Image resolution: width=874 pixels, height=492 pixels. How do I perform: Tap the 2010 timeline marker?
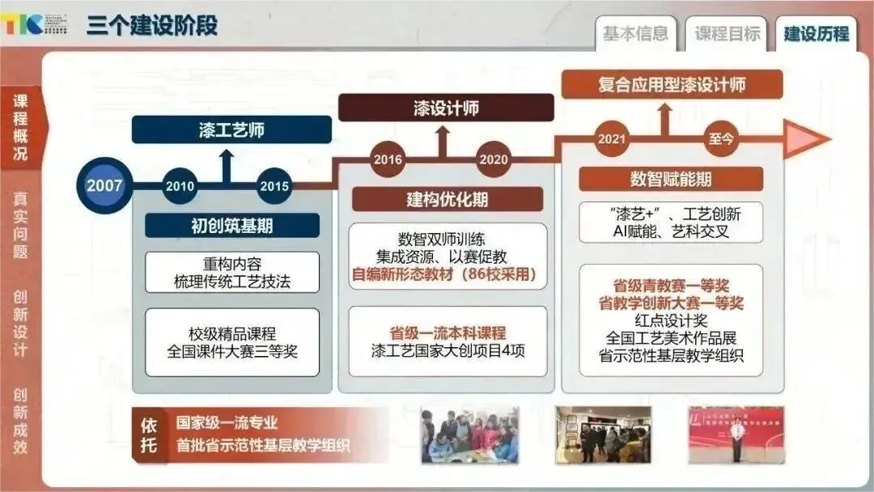(x=180, y=186)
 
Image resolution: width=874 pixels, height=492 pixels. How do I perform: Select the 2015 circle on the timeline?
(x=274, y=186)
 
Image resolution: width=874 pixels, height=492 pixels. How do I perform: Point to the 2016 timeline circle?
(x=388, y=159)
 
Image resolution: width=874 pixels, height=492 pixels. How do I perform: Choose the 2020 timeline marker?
(x=493, y=159)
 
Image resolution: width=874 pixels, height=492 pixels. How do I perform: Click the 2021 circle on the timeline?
(x=612, y=138)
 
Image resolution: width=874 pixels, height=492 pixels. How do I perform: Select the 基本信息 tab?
(x=635, y=34)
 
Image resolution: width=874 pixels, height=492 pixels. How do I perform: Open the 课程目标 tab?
(x=728, y=34)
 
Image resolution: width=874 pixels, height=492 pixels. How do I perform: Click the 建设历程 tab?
(x=817, y=34)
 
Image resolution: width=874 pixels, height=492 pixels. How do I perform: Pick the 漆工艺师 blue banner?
(x=231, y=129)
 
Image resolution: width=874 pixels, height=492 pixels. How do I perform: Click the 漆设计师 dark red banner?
(x=446, y=108)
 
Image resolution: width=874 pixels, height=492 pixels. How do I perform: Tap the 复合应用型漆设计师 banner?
(x=672, y=84)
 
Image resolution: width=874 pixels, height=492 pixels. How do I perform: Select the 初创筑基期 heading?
(x=231, y=226)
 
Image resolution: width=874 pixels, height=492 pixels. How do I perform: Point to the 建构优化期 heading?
(x=447, y=199)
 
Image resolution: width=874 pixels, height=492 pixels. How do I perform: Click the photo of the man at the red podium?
(x=736, y=435)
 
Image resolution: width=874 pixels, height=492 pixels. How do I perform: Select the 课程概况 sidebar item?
(x=20, y=127)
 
